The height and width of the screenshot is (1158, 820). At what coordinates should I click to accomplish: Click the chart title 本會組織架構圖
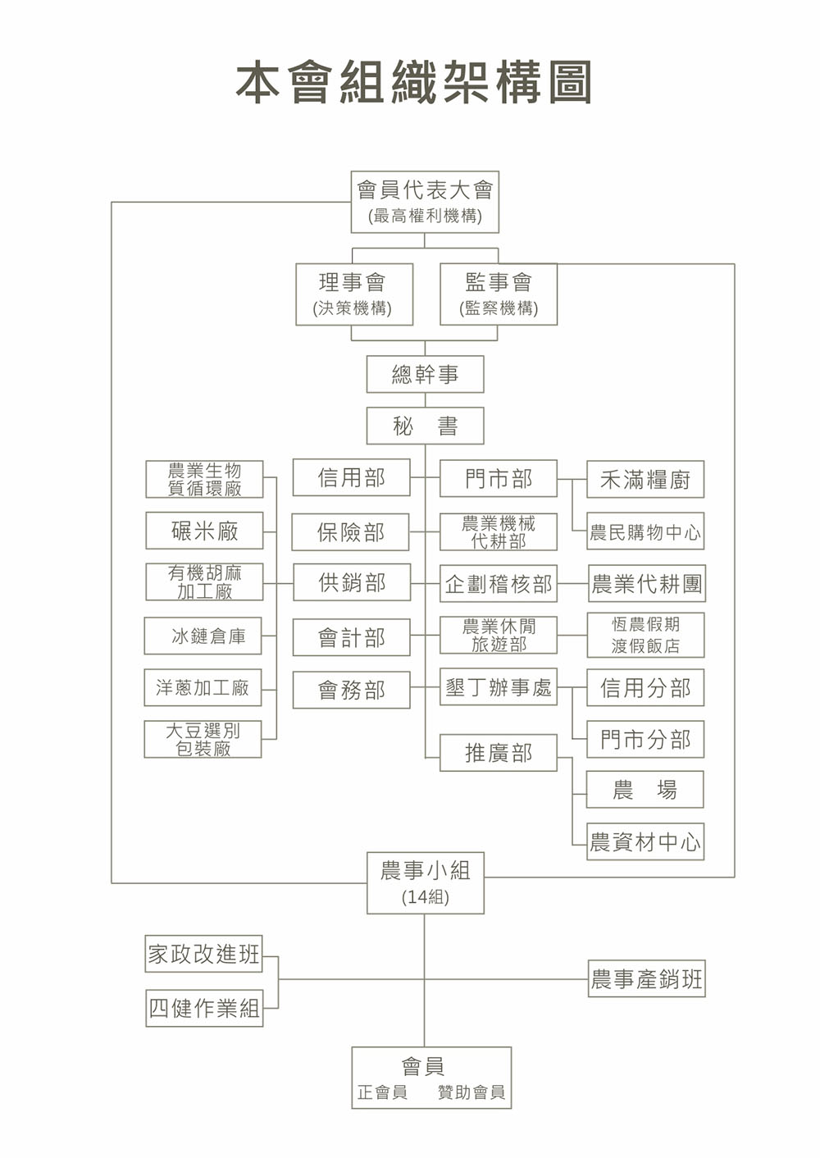[x=414, y=83]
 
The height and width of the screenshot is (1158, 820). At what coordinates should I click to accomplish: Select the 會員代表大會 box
[x=424, y=202]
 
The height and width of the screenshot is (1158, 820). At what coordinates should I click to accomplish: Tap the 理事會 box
[x=353, y=294]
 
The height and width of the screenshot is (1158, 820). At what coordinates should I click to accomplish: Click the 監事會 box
[x=499, y=294]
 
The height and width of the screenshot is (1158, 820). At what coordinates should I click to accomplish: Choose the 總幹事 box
[x=425, y=375]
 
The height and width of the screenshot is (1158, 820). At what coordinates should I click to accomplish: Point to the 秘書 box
[x=425, y=426]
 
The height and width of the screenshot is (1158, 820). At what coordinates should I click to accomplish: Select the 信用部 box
[x=351, y=478]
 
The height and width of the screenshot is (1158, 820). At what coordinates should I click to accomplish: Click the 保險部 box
[x=351, y=532]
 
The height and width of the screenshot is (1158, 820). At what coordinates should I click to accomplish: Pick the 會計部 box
[x=351, y=637]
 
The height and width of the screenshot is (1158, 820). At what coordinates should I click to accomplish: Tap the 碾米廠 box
[x=204, y=531]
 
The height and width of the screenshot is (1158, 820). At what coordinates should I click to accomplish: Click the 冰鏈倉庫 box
[x=203, y=636]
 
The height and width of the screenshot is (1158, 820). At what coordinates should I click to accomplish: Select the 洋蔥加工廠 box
[x=203, y=687]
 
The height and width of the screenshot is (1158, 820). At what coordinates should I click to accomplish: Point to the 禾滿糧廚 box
[x=645, y=480]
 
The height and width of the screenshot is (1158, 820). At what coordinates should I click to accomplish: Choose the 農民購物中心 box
[x=645, y=532]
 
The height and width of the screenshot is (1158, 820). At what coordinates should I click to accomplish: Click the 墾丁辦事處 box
[x=499, y=687]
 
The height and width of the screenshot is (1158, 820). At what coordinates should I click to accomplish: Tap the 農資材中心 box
[x=645, y=841]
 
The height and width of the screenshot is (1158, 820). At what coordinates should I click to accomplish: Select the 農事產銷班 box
[x=646, y=978]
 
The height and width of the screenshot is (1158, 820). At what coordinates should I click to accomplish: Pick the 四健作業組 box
[x=204, y=1008]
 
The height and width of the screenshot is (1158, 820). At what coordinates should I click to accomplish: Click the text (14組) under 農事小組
[x=425, y=897]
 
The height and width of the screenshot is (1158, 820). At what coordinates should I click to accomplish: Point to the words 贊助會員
[x=471, y=1092]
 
